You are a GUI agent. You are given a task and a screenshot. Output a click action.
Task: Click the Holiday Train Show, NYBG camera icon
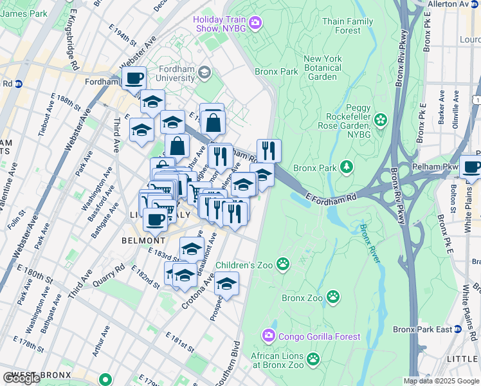(255, 24)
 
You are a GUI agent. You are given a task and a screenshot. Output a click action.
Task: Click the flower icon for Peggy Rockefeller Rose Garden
(381, 120)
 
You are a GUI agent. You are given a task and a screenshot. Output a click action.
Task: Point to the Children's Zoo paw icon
(282, 264)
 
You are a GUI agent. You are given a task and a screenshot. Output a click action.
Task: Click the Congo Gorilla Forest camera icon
(268, 335)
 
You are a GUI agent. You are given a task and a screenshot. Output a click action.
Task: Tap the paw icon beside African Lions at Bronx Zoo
(313, 358)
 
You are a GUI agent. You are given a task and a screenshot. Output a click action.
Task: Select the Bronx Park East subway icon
(458, 329)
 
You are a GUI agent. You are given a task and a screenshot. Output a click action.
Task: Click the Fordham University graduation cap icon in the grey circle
(204, 72)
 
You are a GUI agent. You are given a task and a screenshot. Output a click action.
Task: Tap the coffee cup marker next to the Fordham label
(134, 79)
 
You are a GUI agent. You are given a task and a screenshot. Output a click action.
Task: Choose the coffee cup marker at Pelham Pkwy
(471, 167)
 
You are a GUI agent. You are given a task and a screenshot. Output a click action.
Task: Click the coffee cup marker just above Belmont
(155, 219)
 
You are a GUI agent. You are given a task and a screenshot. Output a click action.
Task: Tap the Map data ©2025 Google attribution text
(440, 381)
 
